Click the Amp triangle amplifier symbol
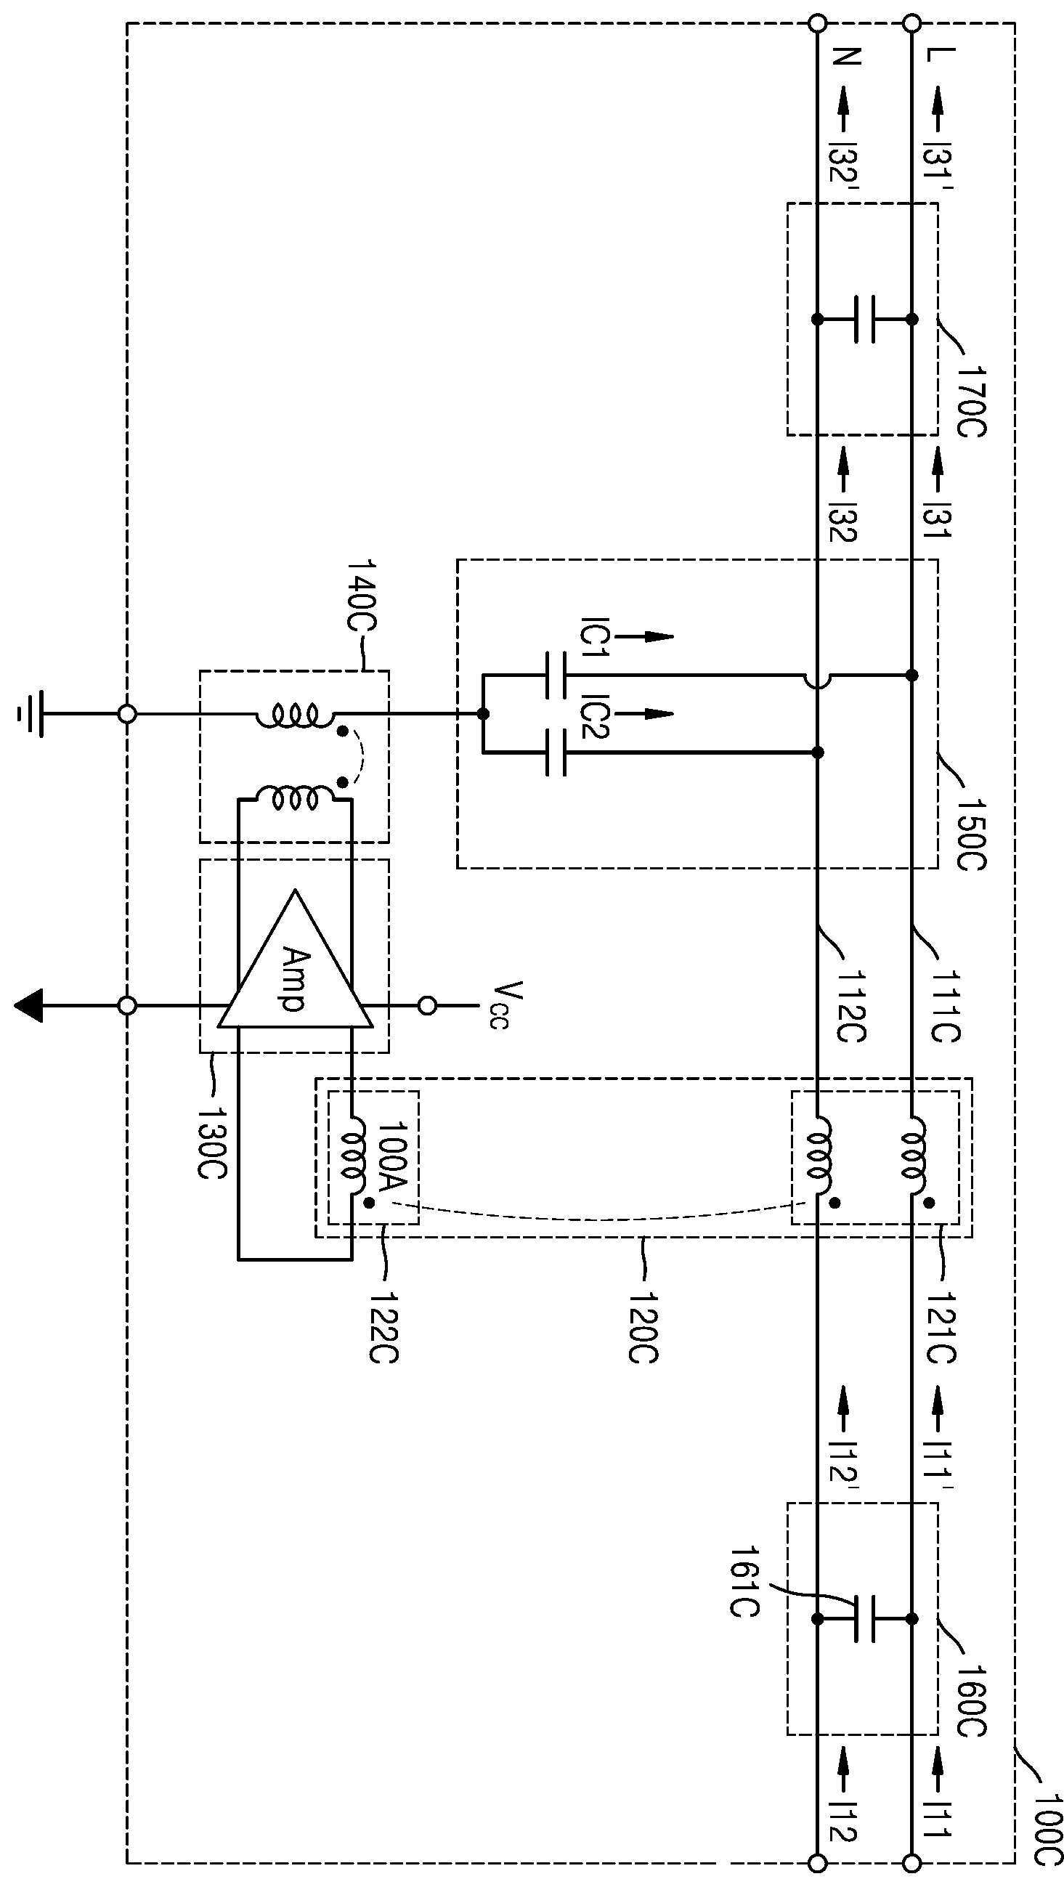coord(293,959)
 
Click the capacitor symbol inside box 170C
coord(865,320)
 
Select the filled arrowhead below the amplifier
coord(28,1006)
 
